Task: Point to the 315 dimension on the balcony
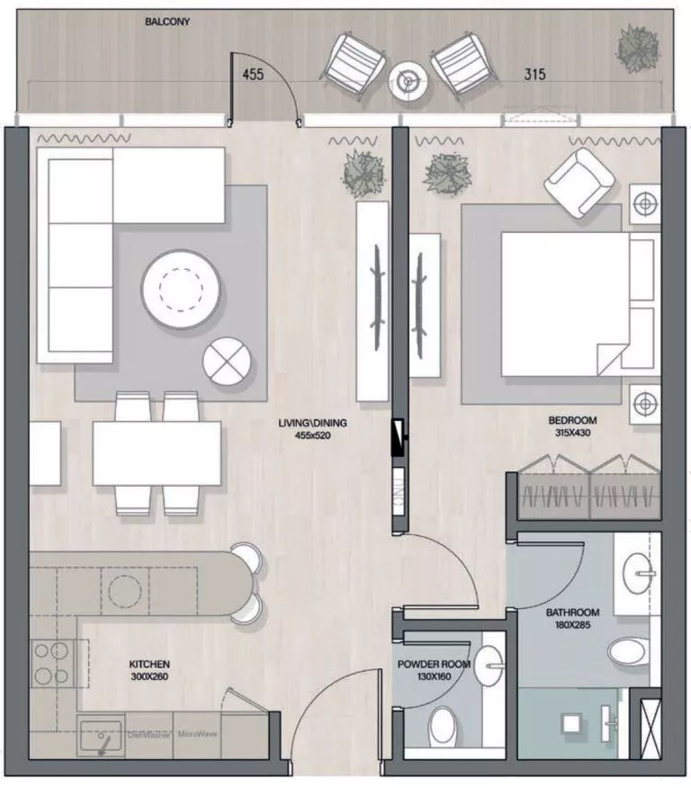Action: click(x=535, y=75)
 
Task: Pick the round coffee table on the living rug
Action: click(x=181, y=288)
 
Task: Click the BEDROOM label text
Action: click(x=572, y=420)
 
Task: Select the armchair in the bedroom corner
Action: click(x=580, y=184)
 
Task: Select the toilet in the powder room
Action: click(x=444, y=723)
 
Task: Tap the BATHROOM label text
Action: click(x=572, y=613)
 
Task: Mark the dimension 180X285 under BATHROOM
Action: click(x=572, y=626)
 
